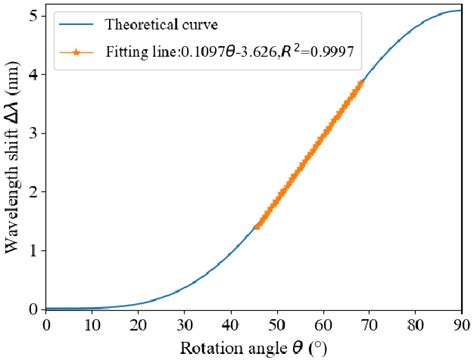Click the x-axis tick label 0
pyautogui.click(x=46, y=324)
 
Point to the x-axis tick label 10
pyautogui.click(x=92, y=324)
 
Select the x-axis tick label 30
pyautogui.click(x=184, y=324)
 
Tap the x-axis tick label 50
pyautogui.click(x=276, y=324)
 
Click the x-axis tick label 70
pyautogui.click(x=368, y=324)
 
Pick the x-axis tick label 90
pyautogui.click(x=460, y=324)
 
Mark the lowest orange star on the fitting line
pyautogui.click(x=257, y=227)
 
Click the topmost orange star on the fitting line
pyautogui.click(x=360, y=84)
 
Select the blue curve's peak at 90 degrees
pyautogui.click(x=460, y=12)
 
